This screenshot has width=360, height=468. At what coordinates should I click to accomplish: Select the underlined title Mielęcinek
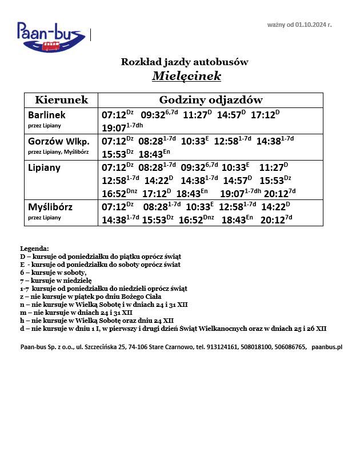[x=186, y=76]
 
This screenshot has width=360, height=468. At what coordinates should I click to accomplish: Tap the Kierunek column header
[x=61, y=100]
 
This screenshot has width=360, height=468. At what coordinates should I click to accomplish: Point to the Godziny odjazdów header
[x=210, y=100]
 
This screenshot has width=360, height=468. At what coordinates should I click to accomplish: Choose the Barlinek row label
[x=47, y=115]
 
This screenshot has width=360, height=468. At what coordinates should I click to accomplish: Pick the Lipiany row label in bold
[x=44, y=168]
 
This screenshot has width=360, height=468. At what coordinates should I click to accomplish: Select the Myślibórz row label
[x=50, y=207]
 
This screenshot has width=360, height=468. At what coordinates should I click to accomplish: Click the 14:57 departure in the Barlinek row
[x=228, y=115]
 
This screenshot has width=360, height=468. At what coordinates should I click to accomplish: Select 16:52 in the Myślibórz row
[x=191, y=220]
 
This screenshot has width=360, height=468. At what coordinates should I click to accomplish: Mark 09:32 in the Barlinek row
[x=153, y=115]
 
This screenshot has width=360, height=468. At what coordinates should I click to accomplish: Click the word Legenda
[x=35, y=249]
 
